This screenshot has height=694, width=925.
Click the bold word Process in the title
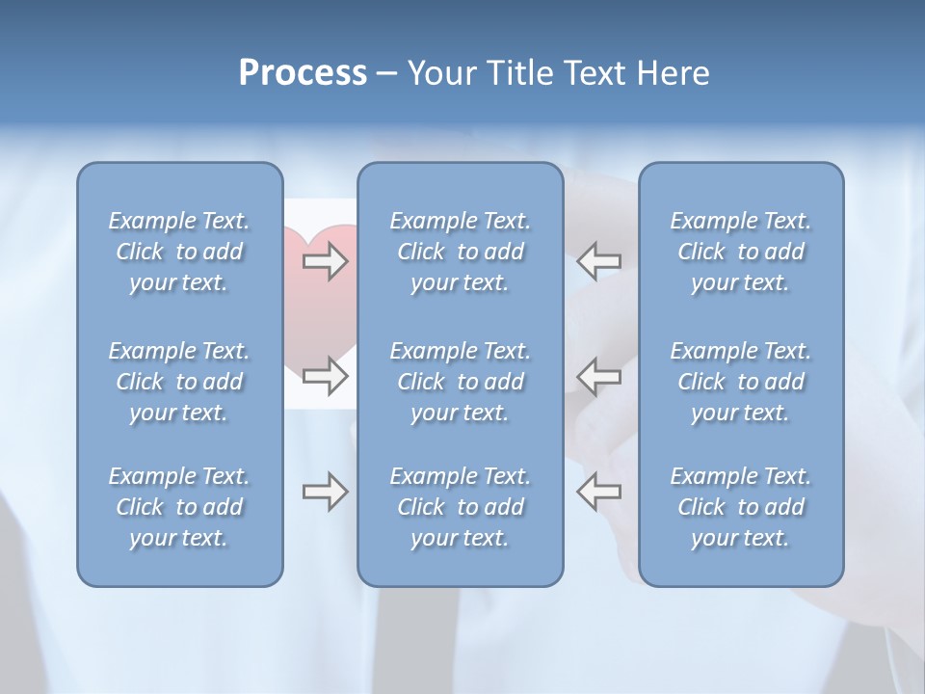tap(303, 73)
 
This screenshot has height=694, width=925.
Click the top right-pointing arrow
tap(325, 260)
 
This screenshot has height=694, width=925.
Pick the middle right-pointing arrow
tap(325, 376)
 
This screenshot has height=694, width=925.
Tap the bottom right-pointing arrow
tap(325, 492)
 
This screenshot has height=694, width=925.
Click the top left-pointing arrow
tap(598, 260)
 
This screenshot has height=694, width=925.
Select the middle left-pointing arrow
tap(598, 376)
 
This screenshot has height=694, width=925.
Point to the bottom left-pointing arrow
tap(598, 492)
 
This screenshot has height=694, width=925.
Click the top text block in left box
tap(179, 252)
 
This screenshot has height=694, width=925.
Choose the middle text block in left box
tap(179, 382)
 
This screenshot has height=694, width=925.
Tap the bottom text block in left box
tap(179, 507)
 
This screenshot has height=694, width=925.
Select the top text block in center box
tap(461, 252)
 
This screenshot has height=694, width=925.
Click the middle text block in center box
tap(461, 382)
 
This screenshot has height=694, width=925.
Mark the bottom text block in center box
tap(461, 507)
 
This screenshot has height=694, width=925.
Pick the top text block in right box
tap(741, 252)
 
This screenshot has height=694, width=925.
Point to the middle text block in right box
tap(741, 382)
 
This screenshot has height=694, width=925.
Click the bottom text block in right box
tap(741, 507)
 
